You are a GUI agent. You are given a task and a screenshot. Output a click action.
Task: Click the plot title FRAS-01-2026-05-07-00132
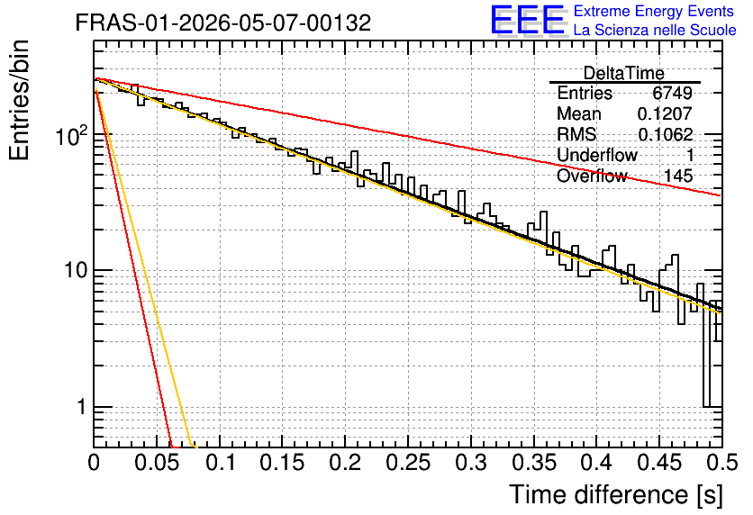[x=223, y=23]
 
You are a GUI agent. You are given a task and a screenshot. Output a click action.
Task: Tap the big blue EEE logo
[x=528, y=20]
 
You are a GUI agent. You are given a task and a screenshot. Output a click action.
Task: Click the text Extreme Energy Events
[x=654, y=11]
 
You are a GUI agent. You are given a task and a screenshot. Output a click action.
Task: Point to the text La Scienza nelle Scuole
[x=655, y=30]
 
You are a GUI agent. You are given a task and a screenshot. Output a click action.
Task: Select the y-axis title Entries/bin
[x=19, y=100]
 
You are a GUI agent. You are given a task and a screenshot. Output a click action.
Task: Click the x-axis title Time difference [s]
[x=616, y=495]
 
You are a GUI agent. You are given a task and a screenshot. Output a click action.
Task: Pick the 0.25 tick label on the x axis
[x=408, y=463]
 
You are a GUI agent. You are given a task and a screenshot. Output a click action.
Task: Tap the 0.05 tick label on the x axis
[x=157, y=463]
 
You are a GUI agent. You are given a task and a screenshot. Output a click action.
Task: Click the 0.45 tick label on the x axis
[x=659, y=463]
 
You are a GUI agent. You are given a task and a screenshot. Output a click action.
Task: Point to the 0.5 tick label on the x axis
[x=721, y=463]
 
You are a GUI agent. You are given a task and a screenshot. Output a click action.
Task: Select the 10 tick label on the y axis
[x=77, y=271]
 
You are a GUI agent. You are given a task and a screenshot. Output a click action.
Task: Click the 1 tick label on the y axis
[x=82, y=407]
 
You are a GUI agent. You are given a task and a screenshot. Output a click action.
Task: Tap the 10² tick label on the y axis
[x=72, y=135]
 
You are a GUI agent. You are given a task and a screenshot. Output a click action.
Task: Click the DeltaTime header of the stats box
[x=624, y=74]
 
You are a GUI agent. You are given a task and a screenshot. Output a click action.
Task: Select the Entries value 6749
[x=672, y=93]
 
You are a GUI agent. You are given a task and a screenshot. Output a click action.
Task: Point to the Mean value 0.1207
[x=665, y=113]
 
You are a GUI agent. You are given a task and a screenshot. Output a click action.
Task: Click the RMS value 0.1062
[x=665, y=134]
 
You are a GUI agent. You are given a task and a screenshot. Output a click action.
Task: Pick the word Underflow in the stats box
[x=597, y=155]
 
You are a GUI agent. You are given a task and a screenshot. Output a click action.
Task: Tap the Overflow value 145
[x=678, y=176]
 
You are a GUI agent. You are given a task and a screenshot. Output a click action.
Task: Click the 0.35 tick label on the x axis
[x=534, y=463]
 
